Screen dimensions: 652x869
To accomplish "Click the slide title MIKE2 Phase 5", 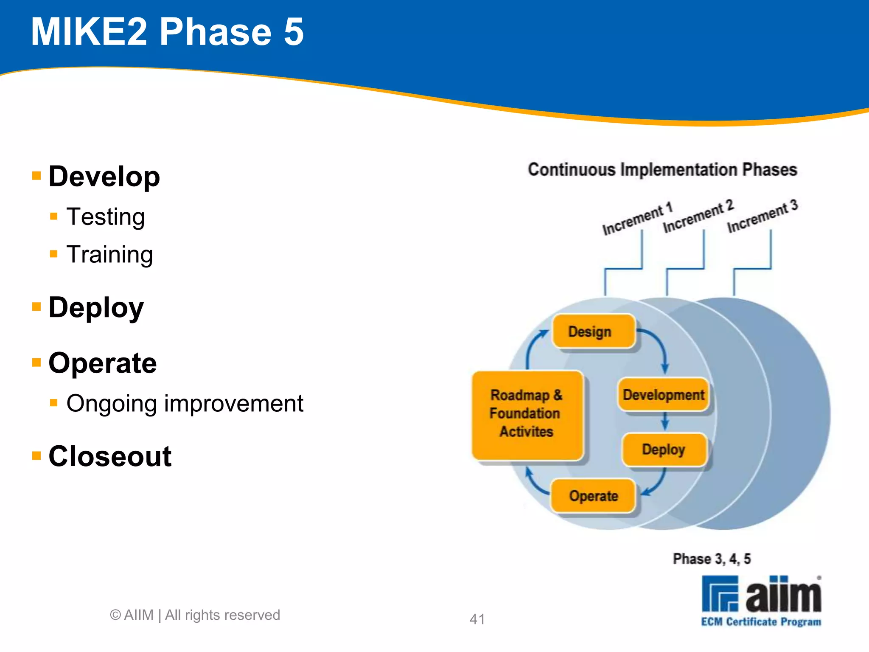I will [x=167, y=32].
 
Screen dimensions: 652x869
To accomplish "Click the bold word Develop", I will [x=104, y=177].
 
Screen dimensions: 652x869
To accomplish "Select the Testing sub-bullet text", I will [x=106, y=217].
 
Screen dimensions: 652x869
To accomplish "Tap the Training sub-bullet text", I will [x=109, y=255].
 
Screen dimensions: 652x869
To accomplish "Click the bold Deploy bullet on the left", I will [x=96, y=307].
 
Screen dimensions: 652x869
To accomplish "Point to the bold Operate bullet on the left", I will [x=103, y=363].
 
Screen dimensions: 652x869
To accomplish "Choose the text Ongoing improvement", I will [x=185, y=403].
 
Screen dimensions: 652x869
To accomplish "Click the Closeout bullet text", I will [x=110, y=456].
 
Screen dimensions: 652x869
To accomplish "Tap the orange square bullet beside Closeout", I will [x=36, y=456].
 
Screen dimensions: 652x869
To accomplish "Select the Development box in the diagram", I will [x=663, y=395].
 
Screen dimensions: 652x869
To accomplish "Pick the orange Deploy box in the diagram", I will [x=664, y=450].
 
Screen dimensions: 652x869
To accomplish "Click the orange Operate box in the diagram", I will [x=593, y=496].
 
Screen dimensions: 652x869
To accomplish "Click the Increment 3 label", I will [x=762, y=216].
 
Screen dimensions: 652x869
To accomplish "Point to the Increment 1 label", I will [x=637, y=219].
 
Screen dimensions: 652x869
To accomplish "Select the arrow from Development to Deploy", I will [x=665, y=422].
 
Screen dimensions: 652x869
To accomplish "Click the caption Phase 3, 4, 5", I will [x=712, y=559].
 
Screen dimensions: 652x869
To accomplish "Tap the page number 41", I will [x=477, y=619].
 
